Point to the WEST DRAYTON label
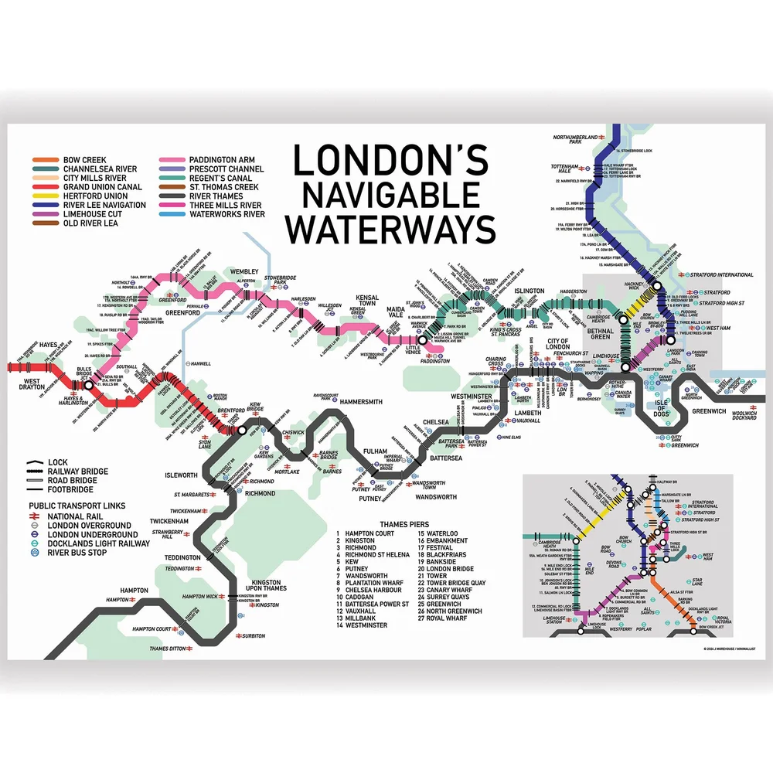(26, 383)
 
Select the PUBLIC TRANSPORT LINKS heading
(76, 506)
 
